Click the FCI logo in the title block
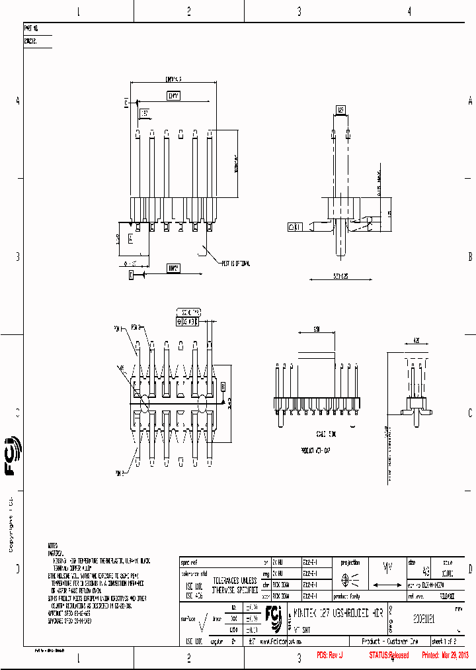click(274, 615)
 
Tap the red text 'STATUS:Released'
click(389, 655)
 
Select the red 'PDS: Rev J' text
click(330, 655)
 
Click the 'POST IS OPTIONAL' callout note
click(236, 263)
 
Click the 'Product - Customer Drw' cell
click(390, 642)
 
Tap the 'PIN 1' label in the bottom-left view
click(119, 327)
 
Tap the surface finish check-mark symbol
click(205, 621)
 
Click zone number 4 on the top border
click(409, 11)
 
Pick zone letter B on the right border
click(469, 257)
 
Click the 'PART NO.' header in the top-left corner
click(30, 29)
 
